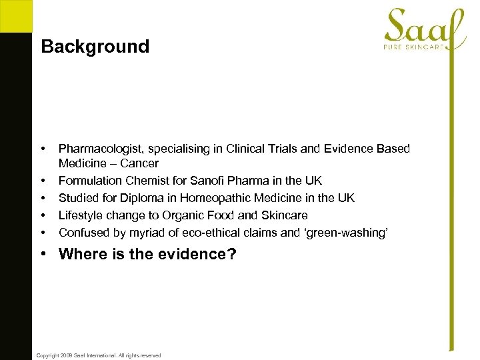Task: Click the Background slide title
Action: pos(95,47)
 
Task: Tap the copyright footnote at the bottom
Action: pos(99,355)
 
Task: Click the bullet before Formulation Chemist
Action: pos(43,181)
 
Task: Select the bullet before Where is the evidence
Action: pos(43,254)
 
